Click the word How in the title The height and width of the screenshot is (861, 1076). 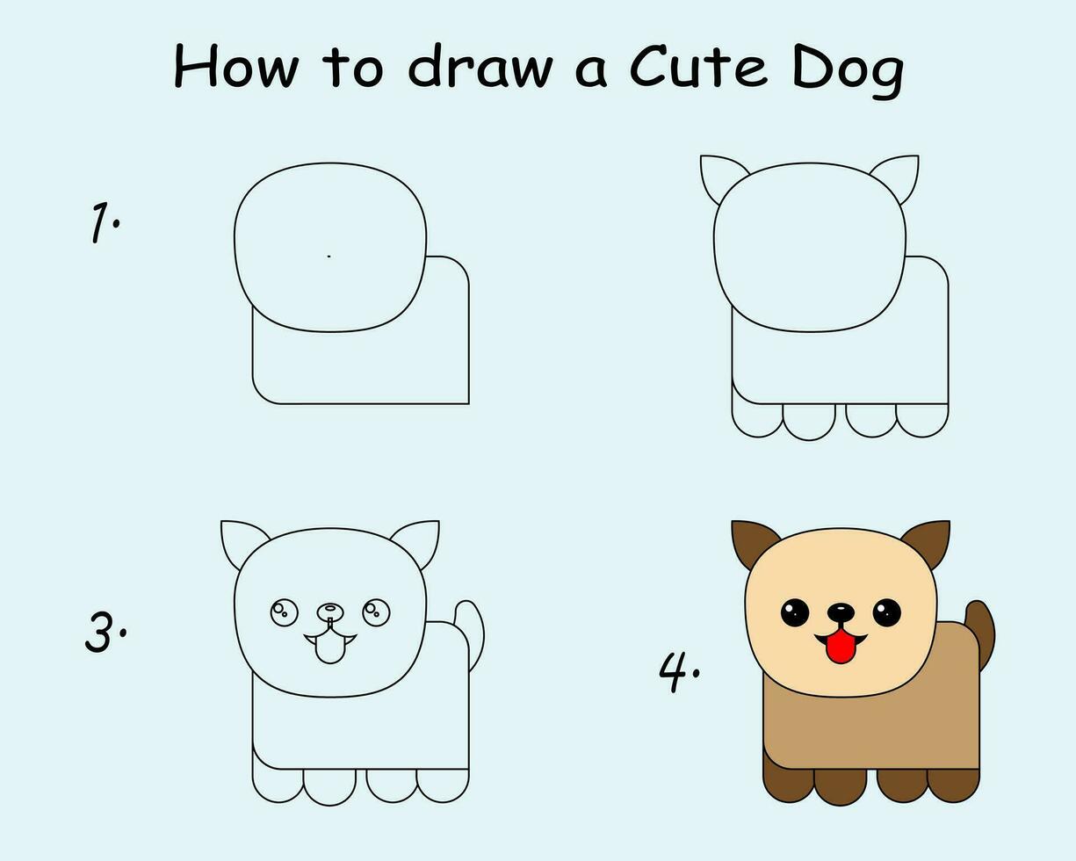click(x=236, y=66)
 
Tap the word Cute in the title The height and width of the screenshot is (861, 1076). click(x=698, y=66)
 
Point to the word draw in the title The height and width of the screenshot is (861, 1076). click(x=480, y=66)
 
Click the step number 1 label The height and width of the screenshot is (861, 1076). click(x=105, y=222)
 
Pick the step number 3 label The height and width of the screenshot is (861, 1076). click(x=105, y=633)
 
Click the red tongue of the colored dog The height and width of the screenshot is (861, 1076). click(x=841, y=646)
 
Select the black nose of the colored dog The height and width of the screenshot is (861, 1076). click(x=841, y=612)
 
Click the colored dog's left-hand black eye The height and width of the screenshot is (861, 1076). click(x=795, y=612)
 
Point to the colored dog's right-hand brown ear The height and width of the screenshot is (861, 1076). click(x=929, y=542)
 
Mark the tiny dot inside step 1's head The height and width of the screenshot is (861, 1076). click(x=329, y=257)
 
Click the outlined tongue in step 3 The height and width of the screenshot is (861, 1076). click(x=330, y=648)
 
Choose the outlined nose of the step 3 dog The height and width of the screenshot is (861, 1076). click(x=330, y=611)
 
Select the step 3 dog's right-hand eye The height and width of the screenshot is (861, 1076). click(x=376, y=612)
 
